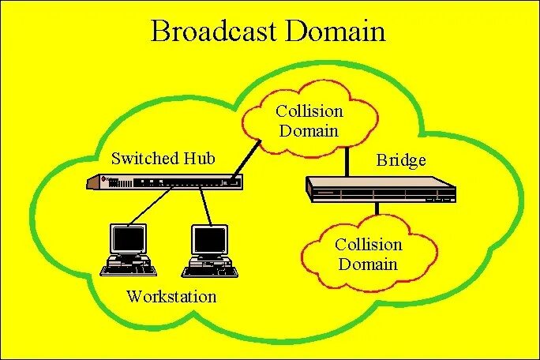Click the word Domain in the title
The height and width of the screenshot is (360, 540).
tap(336, 31)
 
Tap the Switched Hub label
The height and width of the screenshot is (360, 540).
tap(163, 158)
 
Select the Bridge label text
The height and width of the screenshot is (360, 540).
tap(401, 161)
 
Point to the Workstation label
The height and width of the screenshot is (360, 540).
tap(171, 297)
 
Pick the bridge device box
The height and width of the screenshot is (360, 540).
tap(381, 189)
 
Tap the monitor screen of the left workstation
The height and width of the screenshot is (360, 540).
tap(129, 238)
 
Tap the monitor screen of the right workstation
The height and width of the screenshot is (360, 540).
tap(209, 238)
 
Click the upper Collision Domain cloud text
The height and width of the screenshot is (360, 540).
tap(309, 121)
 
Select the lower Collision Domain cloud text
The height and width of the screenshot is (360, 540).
tap(368, 254)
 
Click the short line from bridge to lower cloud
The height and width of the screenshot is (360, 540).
tap(378, 209)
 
